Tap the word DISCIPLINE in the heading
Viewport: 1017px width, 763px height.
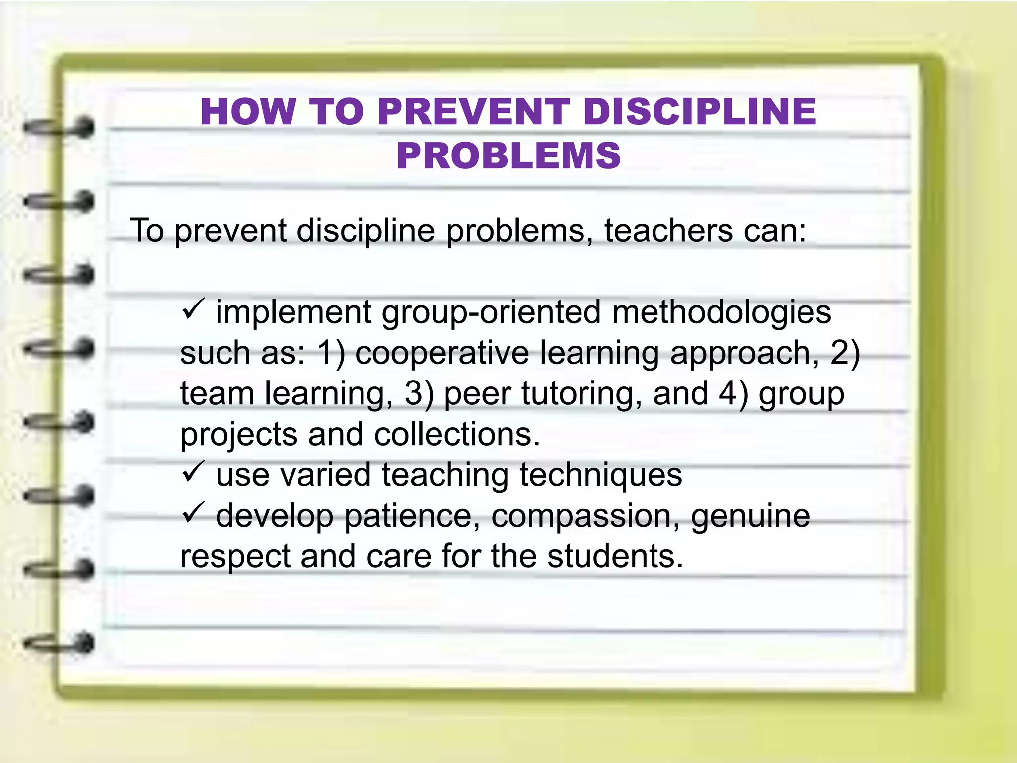coord(700,112)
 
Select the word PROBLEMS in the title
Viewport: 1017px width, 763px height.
coord(508,156)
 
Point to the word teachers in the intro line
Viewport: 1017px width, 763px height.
coord(668,230)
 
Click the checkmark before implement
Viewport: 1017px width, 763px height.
coord(192,310)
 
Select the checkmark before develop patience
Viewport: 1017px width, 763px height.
coord(192,513)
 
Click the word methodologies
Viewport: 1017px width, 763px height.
coord(722,313)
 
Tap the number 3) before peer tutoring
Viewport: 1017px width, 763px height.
coord(419,393)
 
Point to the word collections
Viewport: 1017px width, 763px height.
coord(457,434)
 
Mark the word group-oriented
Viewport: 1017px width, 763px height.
coord(491,313)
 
